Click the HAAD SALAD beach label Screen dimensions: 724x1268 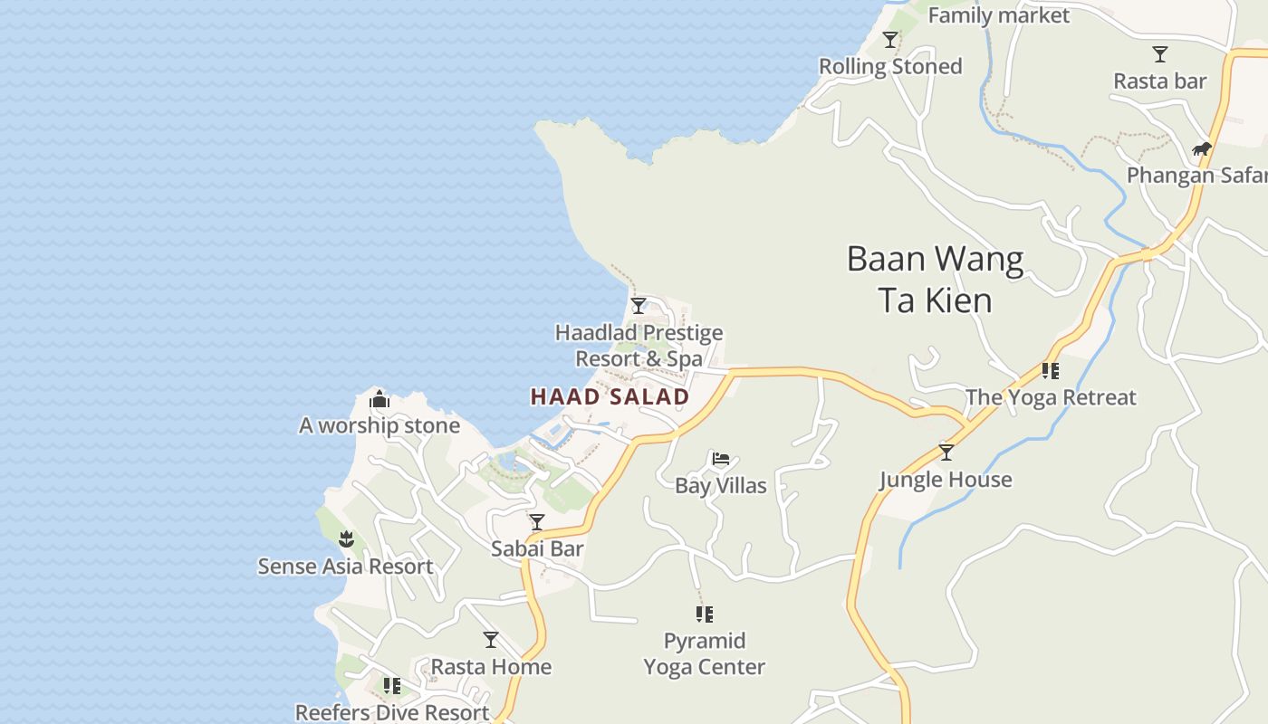point(610,396)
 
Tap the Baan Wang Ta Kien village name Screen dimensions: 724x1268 point(935,280)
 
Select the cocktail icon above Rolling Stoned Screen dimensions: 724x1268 point(890,40)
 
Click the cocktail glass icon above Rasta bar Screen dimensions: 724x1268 point(1160,54)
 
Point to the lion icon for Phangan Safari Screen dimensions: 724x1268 point(1202,148)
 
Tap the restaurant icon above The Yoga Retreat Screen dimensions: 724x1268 point(1051,370)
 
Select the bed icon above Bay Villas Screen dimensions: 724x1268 point(721,459)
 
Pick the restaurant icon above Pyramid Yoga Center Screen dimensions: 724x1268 point(705,614)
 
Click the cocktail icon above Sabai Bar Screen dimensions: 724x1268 point(537,522)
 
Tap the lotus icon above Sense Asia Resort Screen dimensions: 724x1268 point(345,540)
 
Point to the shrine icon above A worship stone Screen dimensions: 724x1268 point(379,399)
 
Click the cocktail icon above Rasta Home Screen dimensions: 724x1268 point(491,640)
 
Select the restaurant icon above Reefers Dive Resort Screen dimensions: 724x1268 point(392,686)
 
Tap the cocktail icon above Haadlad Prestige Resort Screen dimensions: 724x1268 point(639,306)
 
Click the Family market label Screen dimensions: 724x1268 point(998,15)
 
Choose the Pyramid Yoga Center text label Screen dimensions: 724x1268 point(705,654)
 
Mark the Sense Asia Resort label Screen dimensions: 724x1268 point(345,567)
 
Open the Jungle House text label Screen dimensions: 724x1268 point(946,480)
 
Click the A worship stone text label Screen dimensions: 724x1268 point(379,425)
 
